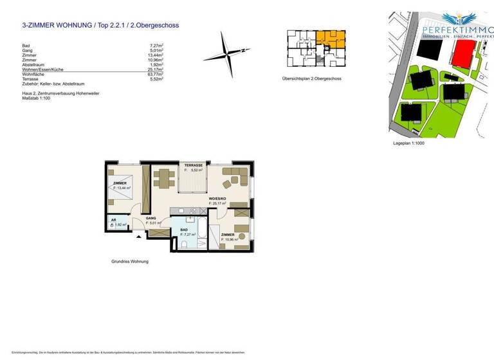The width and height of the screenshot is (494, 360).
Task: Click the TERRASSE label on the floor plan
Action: [194, 166]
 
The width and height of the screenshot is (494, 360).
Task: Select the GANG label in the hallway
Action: [151, 218]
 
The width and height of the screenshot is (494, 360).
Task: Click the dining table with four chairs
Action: [164, 177]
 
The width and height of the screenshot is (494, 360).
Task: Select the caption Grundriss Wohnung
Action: [130, 262]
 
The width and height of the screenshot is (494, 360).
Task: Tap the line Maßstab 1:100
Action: [37, 98]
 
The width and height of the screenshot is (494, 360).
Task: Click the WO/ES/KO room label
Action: [217, 199]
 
